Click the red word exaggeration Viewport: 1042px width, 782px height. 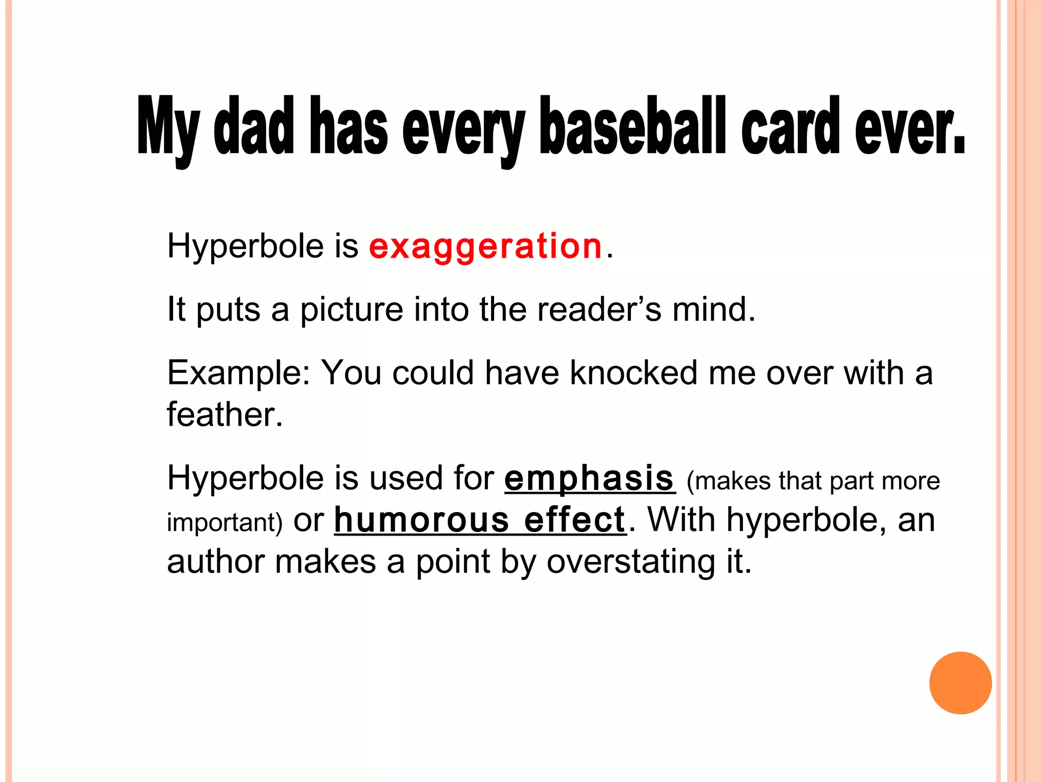(x=485, y=247)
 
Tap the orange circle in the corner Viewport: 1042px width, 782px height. (x=960, y=683)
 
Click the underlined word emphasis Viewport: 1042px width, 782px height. (x=589, y=479)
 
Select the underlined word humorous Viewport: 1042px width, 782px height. (x=422, y=521)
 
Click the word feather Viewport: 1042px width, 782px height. (x=224, y=414)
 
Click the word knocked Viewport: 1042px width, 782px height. (x=633, y=373)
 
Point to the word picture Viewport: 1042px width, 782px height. (x=352, y=310)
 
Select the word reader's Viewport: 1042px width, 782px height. (x=599, y=310)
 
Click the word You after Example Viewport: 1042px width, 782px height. (x=351, y=373)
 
